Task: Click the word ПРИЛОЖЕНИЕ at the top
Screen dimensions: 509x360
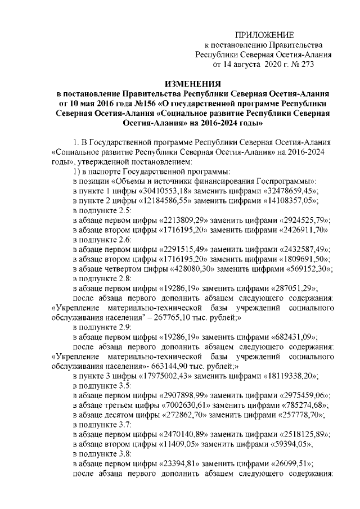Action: pyautogui.click(x=264, y=35)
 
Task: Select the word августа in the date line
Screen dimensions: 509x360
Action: pyautogui.click(x=251, y=65)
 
